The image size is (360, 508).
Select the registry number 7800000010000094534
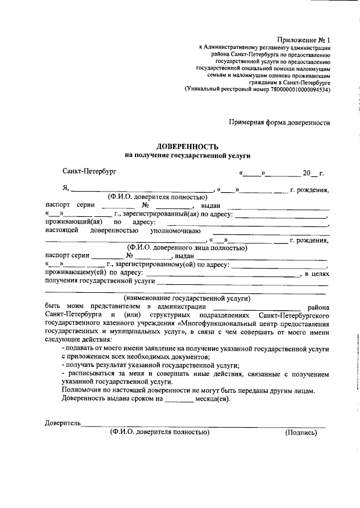[x=299, y=89]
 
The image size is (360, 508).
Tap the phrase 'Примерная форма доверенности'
[x=278, y=122]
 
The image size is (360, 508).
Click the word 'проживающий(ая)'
[x=71, y=222]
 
